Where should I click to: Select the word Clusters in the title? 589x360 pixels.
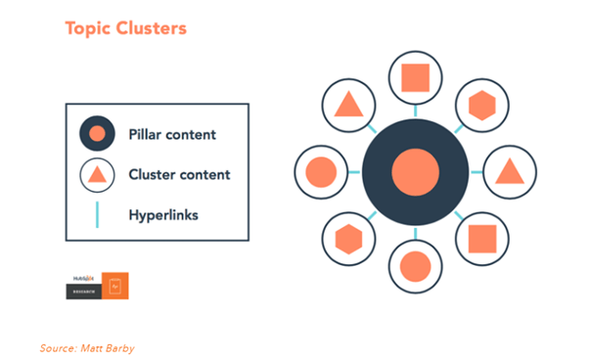pyautogui.click(x=152, y=27)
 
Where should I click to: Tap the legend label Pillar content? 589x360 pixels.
pyautogui.click(x=172, y=133)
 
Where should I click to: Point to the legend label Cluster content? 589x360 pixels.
pyautogui.click(x=179, y=174)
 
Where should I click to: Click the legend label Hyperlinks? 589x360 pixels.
pyautogui.click(x=163, y=213)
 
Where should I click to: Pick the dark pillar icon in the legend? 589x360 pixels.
pyautogui.click(x=97, y=134)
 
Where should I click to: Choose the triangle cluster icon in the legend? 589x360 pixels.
pyautogui.click(x=97, y=175)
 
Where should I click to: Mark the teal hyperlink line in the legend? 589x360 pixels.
pyautogui.click(x=97, y=214)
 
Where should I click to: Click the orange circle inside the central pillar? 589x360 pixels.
pyautogui.click(x=415, y=170)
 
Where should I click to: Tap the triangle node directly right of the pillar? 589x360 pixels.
pyautogui.click(x=509, y=171)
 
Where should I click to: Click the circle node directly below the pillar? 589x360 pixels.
pyautogui.click(x=415, y=265)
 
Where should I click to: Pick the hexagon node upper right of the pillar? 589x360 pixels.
pyautogui.click(x=482, y=105)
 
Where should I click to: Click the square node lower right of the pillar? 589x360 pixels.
pyautogui.click(x=482, y=238)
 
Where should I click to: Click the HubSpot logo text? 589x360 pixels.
pyautogui.click(x=82, y=279)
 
